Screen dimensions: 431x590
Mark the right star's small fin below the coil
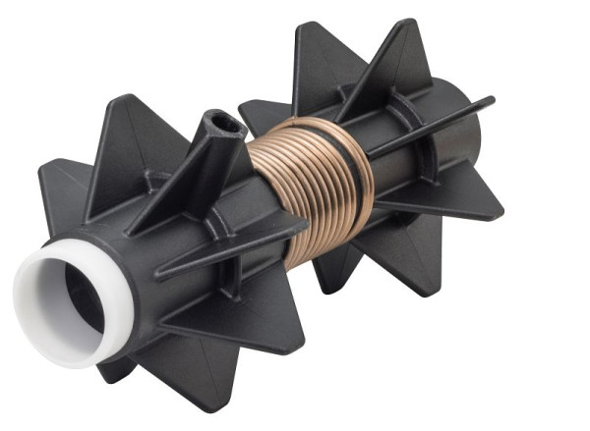(334, 275)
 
